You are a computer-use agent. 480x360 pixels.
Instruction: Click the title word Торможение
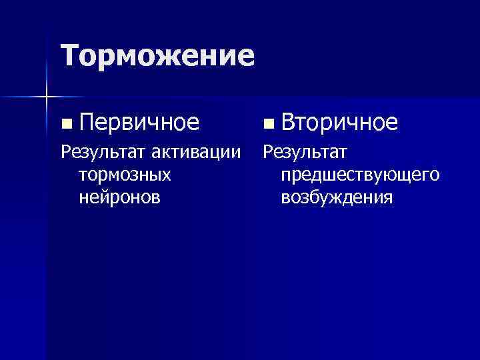tap(157, 55)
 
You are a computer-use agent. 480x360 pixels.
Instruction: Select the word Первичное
tap(139, 122)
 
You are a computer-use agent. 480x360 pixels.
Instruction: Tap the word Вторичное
tap(339, 122)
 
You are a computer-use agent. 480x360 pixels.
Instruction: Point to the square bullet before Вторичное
tap(267, 123)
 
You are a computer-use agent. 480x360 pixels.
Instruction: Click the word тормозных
tap(125, 175)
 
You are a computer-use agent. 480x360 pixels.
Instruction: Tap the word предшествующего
tap(360, 175)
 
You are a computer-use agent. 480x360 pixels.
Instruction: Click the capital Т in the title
tap(70, 55)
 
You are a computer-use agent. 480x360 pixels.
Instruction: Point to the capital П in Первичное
tap(85, 122)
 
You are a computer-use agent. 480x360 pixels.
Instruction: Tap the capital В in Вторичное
tap(288, 122)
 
